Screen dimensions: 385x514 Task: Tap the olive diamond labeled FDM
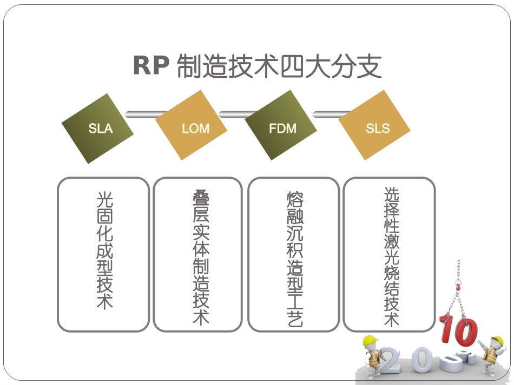[x=282, y=128]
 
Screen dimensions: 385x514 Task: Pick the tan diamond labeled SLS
[x=375, y=128]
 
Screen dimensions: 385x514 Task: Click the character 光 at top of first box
[x=104, y=200]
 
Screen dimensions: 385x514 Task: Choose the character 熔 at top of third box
[x=295, y=198]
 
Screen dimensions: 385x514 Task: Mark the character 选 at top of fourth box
[x=391, y=195]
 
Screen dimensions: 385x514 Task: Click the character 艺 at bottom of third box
[x=295, y=319]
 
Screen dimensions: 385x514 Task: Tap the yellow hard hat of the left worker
[x=370, y=341]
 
